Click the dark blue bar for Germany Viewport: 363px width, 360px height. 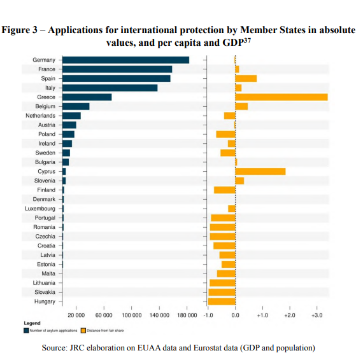pyautogui.click(x=125, y=60)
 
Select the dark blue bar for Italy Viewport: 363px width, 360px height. pyautogui.click(x=110, y=88)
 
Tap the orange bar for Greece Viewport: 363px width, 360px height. pyautogui.click(x=281, y=97)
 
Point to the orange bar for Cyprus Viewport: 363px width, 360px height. pyautogui.click(x=260, y=171)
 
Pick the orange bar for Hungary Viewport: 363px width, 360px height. pyautogui.click(x=222, y=301)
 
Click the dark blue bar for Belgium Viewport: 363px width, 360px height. pyautogui.click(x=76, y=106)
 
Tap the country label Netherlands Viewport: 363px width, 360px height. pyautogui.click(x=40, y=116)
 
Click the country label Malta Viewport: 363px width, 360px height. pyautogui.click(x=48, y=273)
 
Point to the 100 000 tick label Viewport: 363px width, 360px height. pyautogui.click(x=131, y=315)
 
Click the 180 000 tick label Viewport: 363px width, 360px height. pyautogui.click(x=187, y=315)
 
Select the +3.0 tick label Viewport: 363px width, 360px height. pyautogui.click(x=317, y=315)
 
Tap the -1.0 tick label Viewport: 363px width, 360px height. pyautogui.click(x=208, y=315)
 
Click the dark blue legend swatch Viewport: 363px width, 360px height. pyautogui.click(x=26, y=330)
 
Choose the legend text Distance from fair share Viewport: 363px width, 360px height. pyautogui.click(x=106, y=330)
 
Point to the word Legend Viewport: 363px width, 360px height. pyautogui.click(x=32, y=323)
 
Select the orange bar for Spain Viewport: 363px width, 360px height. pyautogui.click(x=246, y=78)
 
